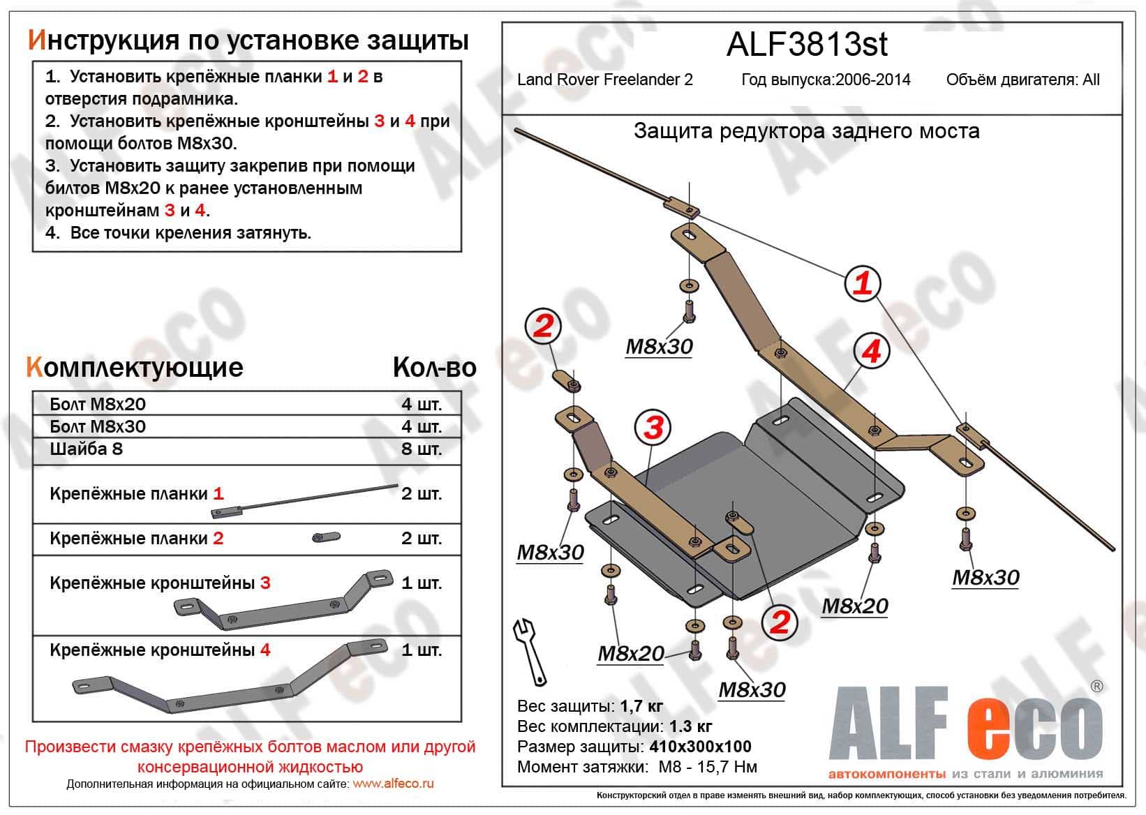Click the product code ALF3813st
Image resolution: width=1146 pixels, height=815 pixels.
pyautogui.click(x=807, y=44)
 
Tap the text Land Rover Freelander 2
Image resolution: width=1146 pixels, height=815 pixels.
pyautogui.click(x=604, y=80)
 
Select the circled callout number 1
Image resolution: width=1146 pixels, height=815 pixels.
pyautogui.click(x=863, y=283)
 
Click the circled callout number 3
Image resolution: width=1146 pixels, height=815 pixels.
pyautogui.click(x=653, y=427)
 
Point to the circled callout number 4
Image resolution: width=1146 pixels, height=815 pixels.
pyautogui.click(x=871, y=351)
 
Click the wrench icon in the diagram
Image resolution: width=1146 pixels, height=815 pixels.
pyautogui.click(x=529, y=650)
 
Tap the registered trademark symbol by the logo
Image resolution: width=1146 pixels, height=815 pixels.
pyautogui.click(x=1096, y=687)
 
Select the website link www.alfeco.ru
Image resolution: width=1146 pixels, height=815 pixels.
pyautogui.click(x=393, y=784)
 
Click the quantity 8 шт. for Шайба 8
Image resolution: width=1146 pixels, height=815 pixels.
pyautogui.click(x=422, y=449)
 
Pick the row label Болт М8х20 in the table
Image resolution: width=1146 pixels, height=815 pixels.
pyautogui.click(x=98, y=404)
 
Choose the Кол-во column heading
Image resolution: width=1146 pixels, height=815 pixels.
pyautogui.click(x=434, y=368)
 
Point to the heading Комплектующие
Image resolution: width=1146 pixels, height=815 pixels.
pyautogui.click(x=135, y=367)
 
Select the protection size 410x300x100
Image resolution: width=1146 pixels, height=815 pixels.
pyautogui.click(x=700, y=747)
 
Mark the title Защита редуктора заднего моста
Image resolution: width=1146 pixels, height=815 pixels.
pyautogui.click(x=806, y=131)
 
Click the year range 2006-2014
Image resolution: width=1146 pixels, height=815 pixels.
pyautogui.click(x=875, y=80)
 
